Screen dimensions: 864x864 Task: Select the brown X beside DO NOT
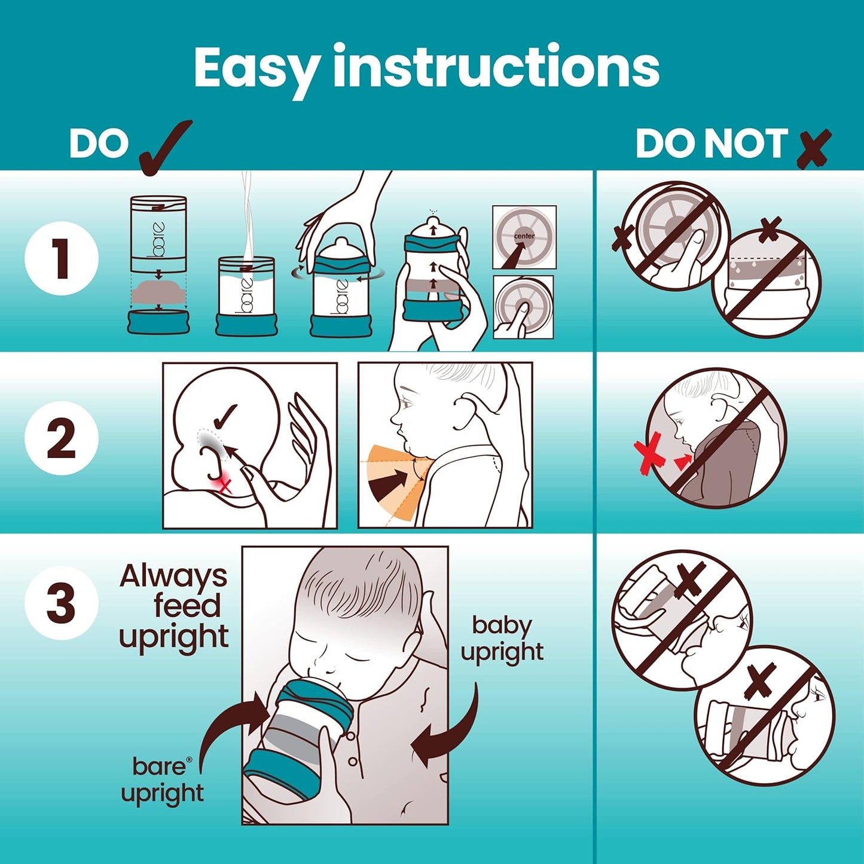tap(814, 147)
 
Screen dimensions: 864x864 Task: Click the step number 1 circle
tap(62, 259)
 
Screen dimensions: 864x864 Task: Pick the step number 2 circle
tap(62, 438)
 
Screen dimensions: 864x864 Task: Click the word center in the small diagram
tap(524, 236)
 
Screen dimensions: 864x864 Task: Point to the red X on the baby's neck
tap(224, 486)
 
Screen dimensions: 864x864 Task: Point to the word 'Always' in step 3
tap(173, 576)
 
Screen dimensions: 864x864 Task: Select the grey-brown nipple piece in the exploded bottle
tap(158, 293)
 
